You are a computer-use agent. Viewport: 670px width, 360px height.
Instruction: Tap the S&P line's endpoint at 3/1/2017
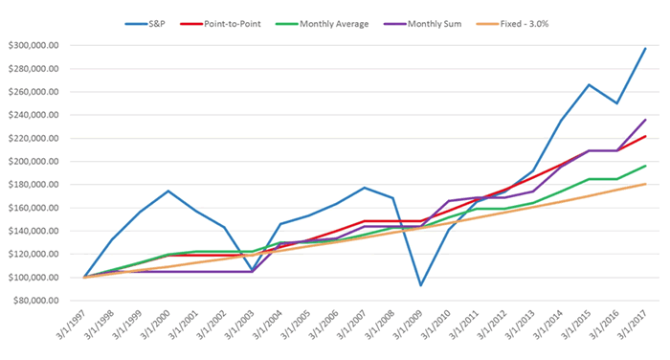645,48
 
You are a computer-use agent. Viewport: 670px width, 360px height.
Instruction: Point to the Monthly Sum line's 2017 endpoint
645,120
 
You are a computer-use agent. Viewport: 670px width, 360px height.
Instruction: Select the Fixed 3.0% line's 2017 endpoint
645,184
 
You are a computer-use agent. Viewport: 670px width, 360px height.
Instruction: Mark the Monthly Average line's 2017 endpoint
645,166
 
